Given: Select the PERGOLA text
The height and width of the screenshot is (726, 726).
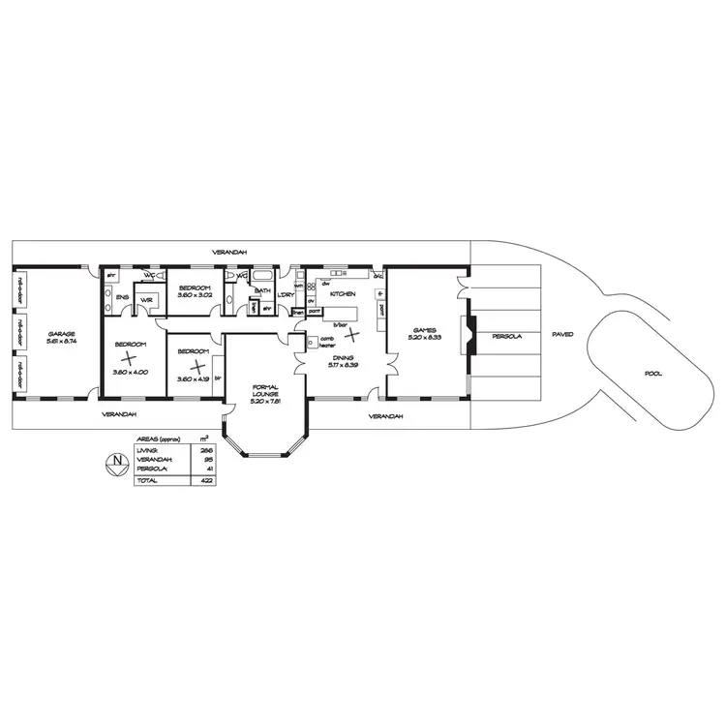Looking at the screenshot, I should [x=506, y=336].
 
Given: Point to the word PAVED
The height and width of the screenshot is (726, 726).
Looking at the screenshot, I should [x=562, y=334].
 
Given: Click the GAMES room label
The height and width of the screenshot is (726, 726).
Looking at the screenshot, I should [x=426, y=330].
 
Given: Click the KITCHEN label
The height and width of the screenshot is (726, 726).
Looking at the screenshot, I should [x=344, y=293].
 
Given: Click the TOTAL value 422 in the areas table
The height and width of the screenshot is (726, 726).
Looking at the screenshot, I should [x=206, y=480].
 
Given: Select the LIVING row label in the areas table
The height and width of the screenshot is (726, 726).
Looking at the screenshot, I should [x=148, y=451].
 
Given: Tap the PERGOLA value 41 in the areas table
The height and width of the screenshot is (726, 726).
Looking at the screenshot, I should [x=209, y=469].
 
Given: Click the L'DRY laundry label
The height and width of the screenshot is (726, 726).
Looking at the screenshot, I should [x=286, y=294].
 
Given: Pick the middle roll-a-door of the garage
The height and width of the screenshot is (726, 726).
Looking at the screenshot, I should [x=19, y=332].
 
